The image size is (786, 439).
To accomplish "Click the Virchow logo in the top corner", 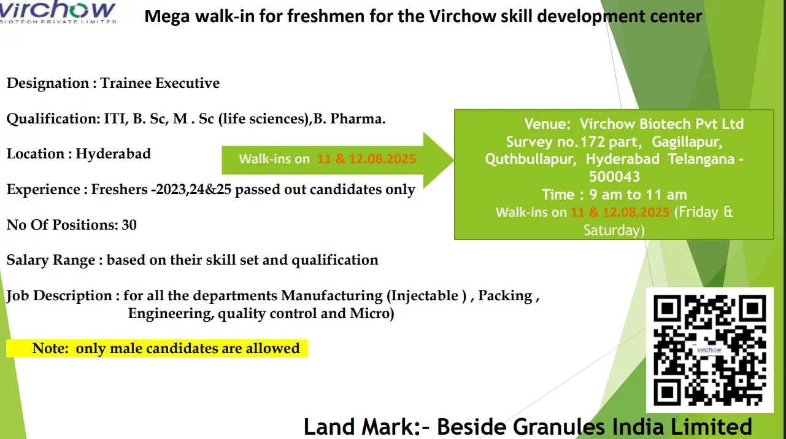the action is pyautogui.click(x=58, y=12).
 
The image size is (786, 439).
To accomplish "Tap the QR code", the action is pyautogui.click(x=709, y=350).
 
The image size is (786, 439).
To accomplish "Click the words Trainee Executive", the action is pyautogui.click(x=160, y=84).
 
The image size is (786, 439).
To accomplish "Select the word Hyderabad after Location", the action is pyautogui.click(x=114, y=154).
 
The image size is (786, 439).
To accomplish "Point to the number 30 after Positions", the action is pyautogui.click(x=129, y=225).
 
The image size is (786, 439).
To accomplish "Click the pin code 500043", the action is pyautogui.click(x=614, y=177).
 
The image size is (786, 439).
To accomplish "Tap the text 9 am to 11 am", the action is pyautogui.click(x=639, y=195).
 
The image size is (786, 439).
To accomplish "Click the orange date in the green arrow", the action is pyautogui.click(x=366, y=159).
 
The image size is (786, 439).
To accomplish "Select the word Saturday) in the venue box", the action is pyautogui.click(x=614, y=230).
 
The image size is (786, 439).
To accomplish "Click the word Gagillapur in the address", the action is pyautogui.click(x=687, y=142).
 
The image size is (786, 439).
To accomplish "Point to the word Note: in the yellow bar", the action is pyautogui.click(x=50, y=348).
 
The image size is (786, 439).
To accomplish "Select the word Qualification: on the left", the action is pyautogui.click(x=53, y=119).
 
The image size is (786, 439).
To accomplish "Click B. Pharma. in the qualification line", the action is pyautogui.click(x=350, y=118).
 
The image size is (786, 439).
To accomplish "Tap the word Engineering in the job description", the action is pyautogui.click(x=171, y=314).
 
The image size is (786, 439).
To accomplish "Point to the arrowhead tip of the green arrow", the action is pyautogui.click(x=453, y=160).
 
